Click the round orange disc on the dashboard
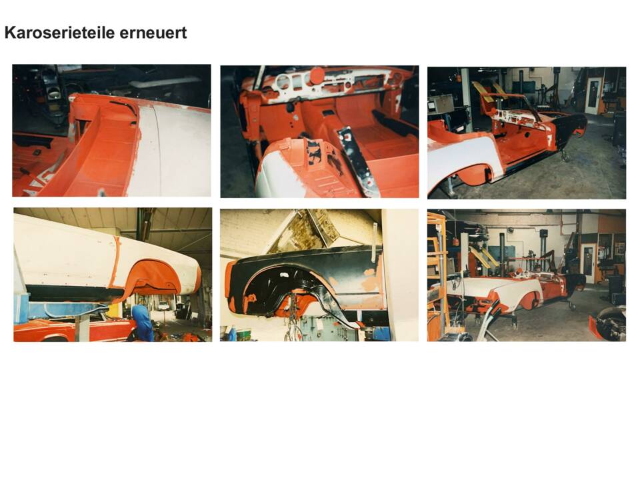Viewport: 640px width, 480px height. pos(317,75)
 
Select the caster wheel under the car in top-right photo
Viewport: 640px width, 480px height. pos(564,155)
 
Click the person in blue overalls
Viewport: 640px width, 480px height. pos(143,322)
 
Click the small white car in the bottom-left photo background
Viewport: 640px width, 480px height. pos(163,305)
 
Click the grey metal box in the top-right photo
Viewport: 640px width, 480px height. pos(441,104)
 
